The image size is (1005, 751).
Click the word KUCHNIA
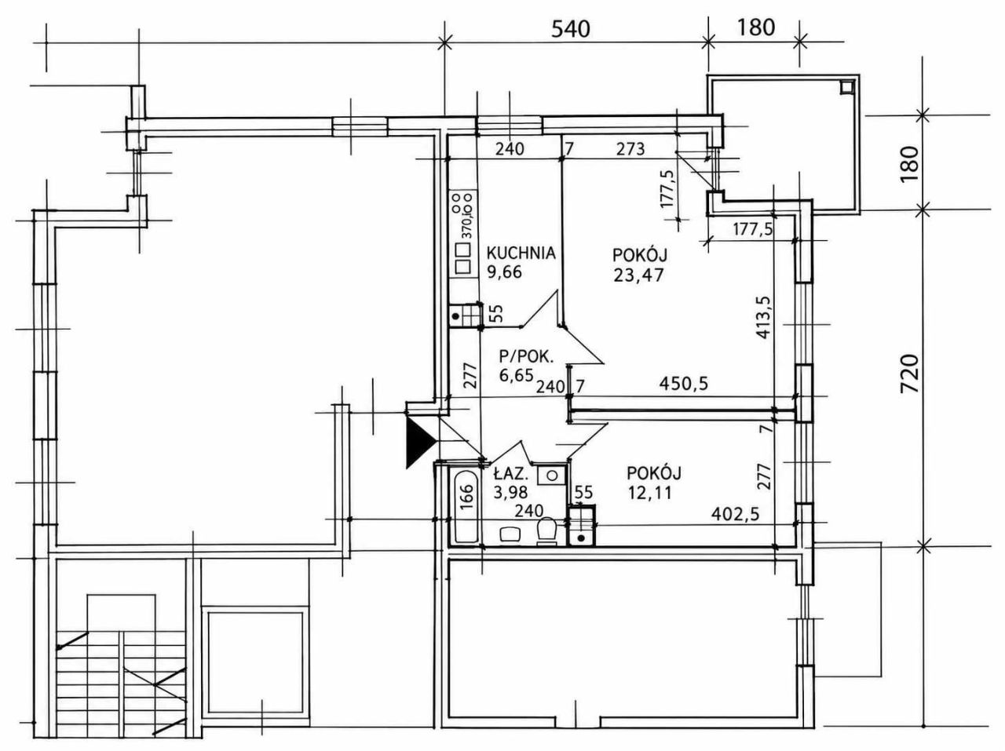point(521,253)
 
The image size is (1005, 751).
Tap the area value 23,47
point(638,275)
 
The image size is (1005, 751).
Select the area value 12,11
point(649,493)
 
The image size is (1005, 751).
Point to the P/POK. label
point(527,356)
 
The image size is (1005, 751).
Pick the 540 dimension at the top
point(571,29)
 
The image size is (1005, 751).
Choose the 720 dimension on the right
point(909,374)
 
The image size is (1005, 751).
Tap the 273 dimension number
point(630,149)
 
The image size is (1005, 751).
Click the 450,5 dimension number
point(683,383)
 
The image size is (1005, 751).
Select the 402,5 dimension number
point(736,514)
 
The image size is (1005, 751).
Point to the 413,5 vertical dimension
point(763,318)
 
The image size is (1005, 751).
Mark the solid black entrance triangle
point(418,443)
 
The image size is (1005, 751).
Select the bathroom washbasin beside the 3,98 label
point(549,476)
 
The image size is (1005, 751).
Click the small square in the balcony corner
point(846,87)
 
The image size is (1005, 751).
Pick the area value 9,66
point(505,273)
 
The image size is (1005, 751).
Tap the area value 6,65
point(517,376)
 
